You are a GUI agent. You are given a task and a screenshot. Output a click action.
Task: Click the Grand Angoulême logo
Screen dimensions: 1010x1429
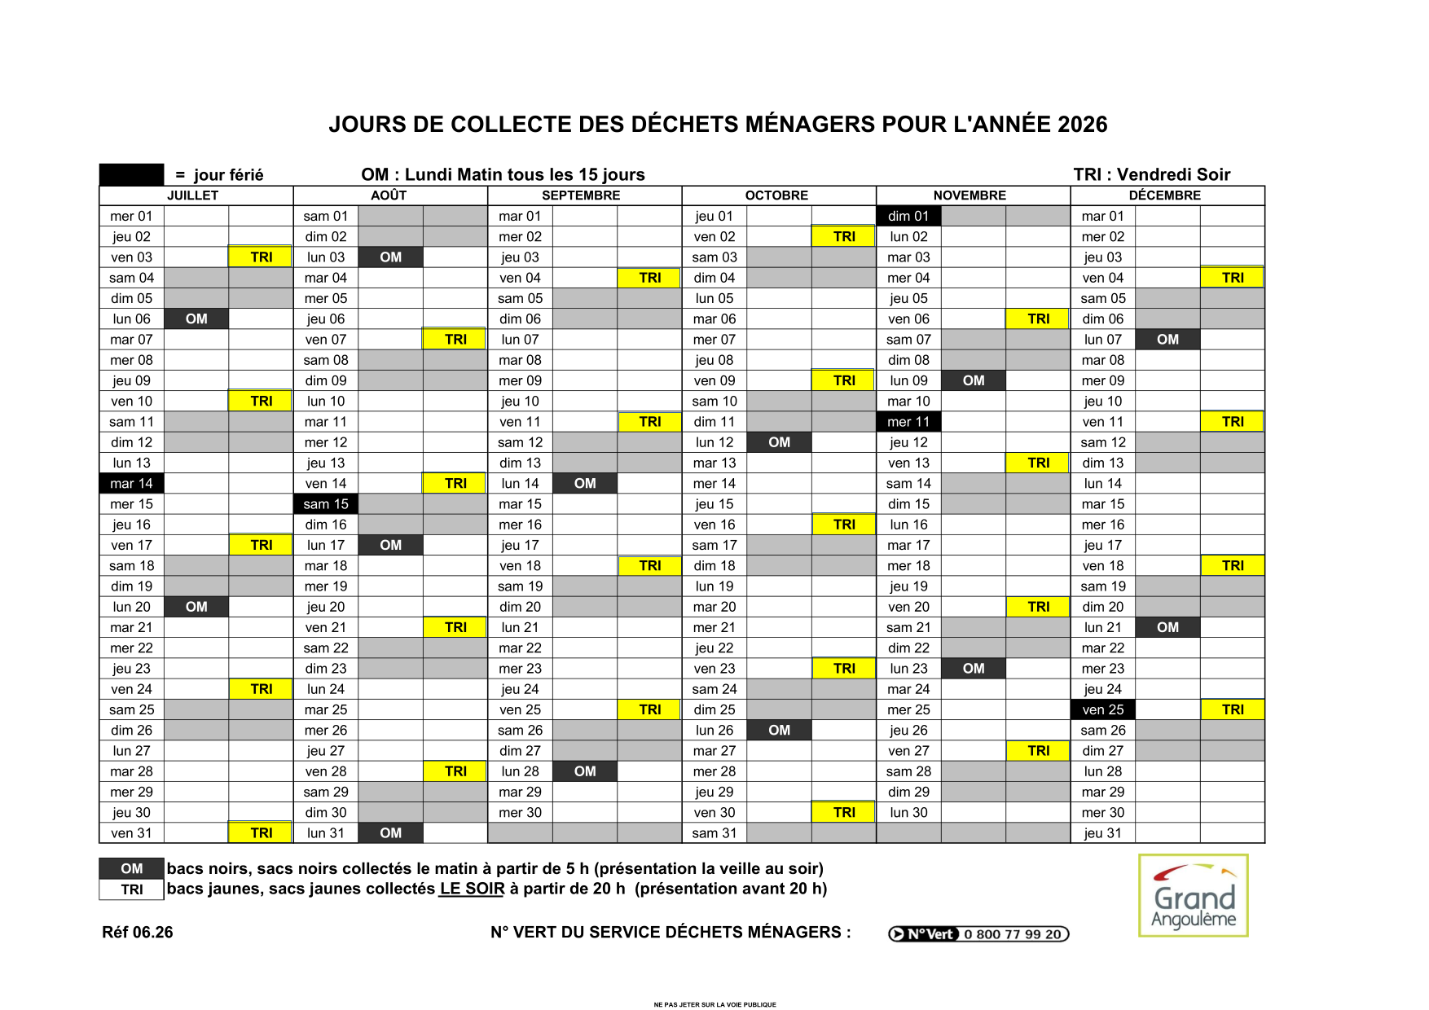coord(1193,896)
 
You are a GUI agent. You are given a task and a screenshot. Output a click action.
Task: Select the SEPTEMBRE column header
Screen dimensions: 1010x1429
coord(581,195)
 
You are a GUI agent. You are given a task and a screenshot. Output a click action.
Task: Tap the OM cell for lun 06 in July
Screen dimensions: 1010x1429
coord(196,318)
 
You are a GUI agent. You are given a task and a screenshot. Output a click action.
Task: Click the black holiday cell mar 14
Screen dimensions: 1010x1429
coord(132,483)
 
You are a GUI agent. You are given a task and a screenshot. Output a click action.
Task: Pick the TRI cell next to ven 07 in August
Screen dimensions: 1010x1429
coord(455,340)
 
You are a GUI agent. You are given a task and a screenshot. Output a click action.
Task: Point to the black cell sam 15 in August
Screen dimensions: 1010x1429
coord(326,504)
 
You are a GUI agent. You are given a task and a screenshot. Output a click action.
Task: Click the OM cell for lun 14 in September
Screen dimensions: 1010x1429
coord(585,483)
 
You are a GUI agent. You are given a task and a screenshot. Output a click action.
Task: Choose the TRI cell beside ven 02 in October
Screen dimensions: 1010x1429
coord(844,236)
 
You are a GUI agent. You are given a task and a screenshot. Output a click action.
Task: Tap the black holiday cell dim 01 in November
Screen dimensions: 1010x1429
coord(908,216)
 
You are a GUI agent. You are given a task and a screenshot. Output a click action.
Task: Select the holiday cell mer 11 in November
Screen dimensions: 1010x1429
coord(908,422)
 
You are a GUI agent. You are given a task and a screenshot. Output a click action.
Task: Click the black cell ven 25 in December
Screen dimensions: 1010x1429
coord(1102,709)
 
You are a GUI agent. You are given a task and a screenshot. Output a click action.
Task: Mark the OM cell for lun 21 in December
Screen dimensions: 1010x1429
coord(1167,627)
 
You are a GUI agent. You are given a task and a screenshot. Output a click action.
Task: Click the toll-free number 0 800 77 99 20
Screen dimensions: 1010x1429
coord(1012,934)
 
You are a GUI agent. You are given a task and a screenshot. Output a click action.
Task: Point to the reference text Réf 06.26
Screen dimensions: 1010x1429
coord(138,933)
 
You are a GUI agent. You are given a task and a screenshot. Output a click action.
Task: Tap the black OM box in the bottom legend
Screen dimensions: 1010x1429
coord(132,868)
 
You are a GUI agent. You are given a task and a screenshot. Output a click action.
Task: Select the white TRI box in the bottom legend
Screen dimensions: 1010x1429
coord(132,889)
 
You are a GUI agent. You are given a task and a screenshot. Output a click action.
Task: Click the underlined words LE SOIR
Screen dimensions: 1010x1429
coord(472,889)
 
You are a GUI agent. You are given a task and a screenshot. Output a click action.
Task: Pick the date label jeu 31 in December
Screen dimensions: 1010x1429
coord(1102,833)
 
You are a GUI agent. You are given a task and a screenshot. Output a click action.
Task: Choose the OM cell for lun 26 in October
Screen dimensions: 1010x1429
coord(779,730)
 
